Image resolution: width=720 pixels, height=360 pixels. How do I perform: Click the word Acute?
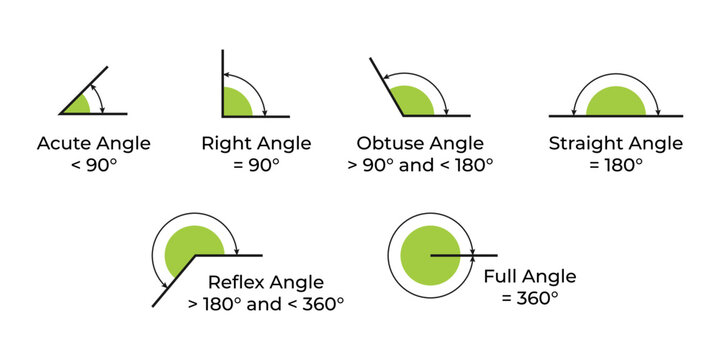[65, 144]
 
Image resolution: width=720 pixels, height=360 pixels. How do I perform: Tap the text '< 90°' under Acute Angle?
[94, 165]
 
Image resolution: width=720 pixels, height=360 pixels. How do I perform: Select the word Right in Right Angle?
[226, 144]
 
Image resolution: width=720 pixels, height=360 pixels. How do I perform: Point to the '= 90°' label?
[256, 165]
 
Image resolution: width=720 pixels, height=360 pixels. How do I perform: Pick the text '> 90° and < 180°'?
[420, 165]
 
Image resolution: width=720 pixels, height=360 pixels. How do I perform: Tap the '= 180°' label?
[615, 165]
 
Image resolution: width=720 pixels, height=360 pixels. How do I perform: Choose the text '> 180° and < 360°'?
[265, 302]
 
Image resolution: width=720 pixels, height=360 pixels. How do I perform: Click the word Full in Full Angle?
[502, 277]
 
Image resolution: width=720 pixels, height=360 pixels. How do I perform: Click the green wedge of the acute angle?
[79, 106]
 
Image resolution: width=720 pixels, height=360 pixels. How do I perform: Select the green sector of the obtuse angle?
[410, 103]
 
